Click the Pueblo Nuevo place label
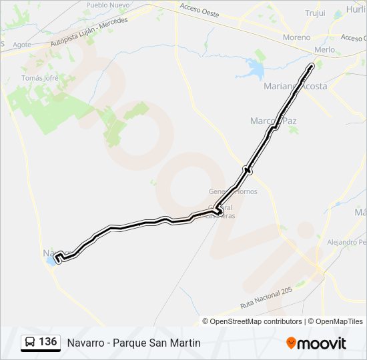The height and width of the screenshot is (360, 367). [107, 5]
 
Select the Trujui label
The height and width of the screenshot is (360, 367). [315, 13]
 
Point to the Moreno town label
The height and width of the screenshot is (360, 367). [296, 37]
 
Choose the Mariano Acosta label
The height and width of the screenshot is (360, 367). [296, 86]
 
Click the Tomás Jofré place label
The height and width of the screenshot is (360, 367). [41, 78]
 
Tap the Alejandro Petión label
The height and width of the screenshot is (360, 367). [347, 243]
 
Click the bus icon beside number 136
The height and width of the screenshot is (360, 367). [30, 343]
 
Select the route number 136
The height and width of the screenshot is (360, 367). [47, 342]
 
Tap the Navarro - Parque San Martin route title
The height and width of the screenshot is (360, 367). [133, 343]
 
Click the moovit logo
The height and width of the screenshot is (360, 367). [316, 343]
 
